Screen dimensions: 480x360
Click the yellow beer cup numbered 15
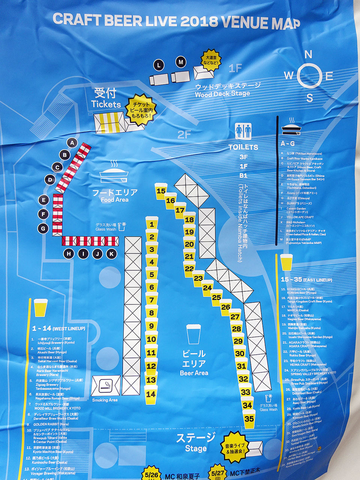[x=161, y=191]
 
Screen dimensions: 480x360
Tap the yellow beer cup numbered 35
[x=249, y=418]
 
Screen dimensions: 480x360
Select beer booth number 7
[x=151, y=300]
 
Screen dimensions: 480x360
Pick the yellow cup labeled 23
[x=198, y=278]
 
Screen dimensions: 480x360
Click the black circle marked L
[x=159, y=65]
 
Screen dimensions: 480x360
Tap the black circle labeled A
[x=72, y=143]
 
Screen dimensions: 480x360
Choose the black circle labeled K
[x=111, y=254]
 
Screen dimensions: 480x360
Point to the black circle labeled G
[x=43, y=228]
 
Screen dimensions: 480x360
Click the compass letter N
[x=308, y=55]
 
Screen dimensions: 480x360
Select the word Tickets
[x=106, y=104]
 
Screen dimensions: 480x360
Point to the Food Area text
[x=114, y=200]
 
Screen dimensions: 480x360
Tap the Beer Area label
[x=194, y=373]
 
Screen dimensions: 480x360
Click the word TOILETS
[x=243, y=147]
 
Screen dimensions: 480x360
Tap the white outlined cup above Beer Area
[x=193, y=334]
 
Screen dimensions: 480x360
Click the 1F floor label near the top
[x=235, y=68]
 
